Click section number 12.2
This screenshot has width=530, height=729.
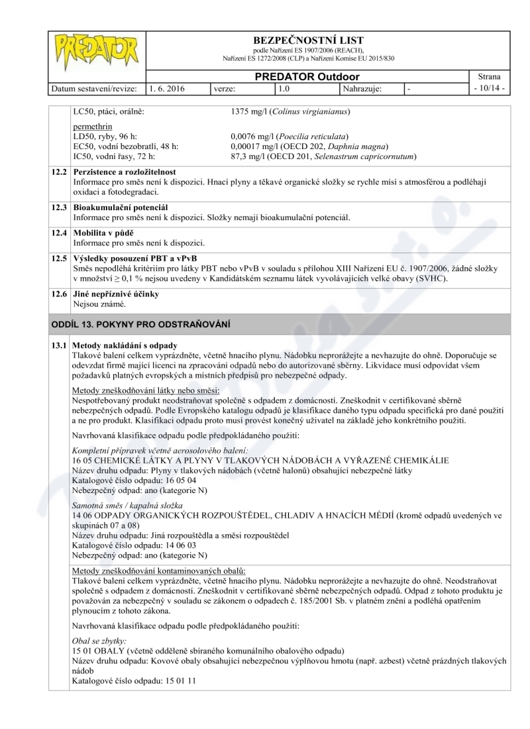click(60, 171)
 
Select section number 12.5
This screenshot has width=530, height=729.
click(60, 258)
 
